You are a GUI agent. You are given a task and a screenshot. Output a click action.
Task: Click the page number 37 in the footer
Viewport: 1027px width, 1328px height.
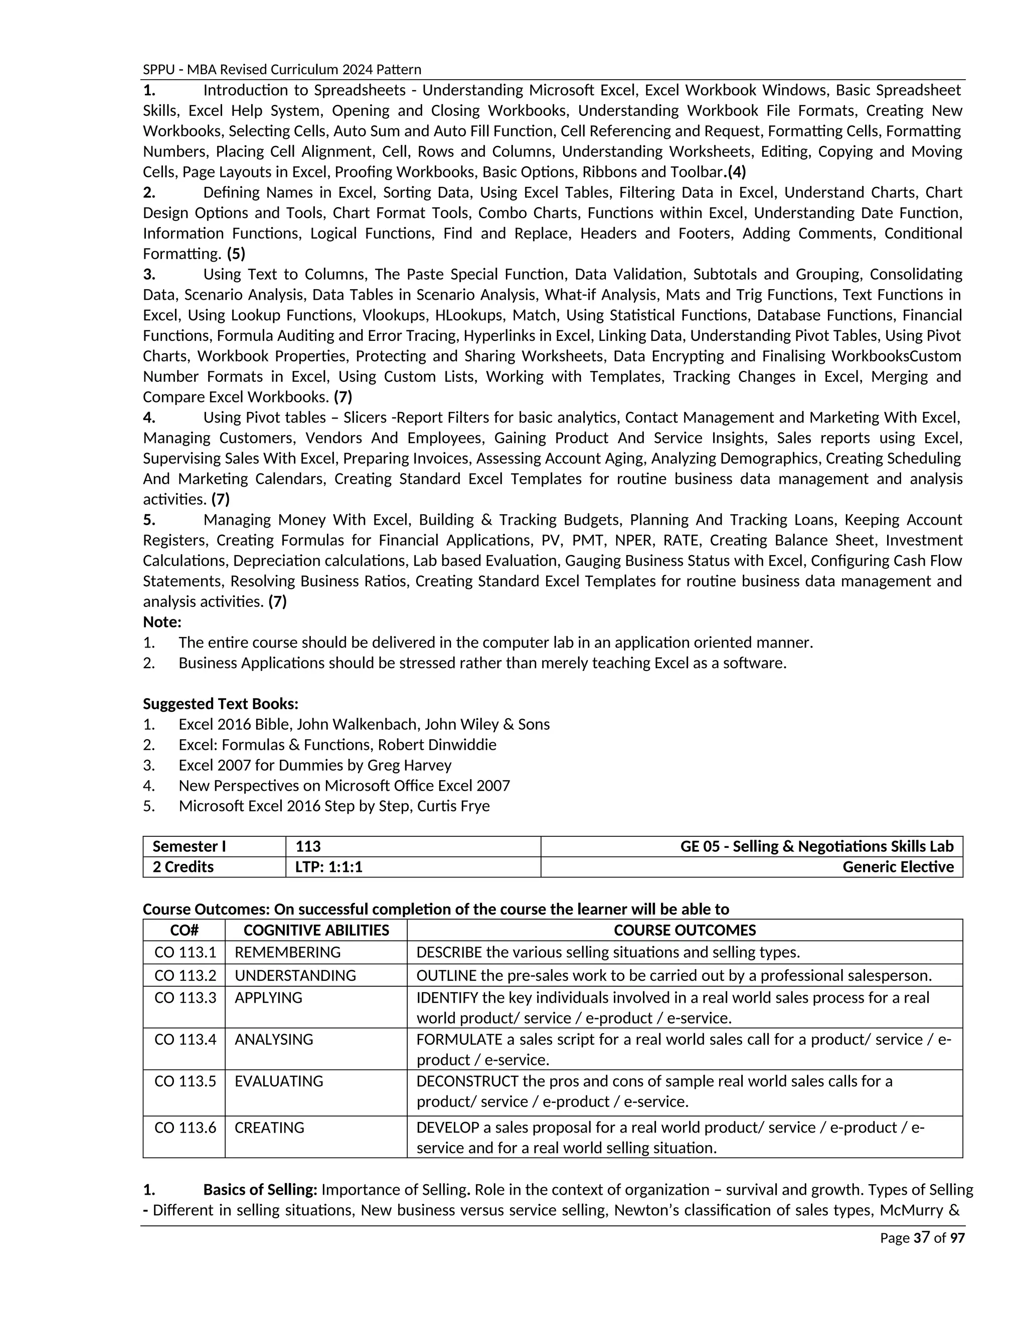pyautogui.click(x=922, y=1237)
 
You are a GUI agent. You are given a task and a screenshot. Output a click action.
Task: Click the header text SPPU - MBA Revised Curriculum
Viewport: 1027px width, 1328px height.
pyautogui.click(x=282, y=69)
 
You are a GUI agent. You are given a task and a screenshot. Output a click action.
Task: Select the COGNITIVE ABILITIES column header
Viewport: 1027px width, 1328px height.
pyautogui.click(x=316, y=930)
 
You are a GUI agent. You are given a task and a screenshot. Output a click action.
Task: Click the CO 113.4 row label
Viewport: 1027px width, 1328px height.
pyautogui.click(x=185, y=1039)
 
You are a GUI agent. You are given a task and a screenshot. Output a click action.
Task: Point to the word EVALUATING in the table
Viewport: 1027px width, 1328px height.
pyautogui.click(x=279, y=1081)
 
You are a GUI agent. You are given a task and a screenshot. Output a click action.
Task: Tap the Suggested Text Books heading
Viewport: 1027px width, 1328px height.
pyautogui.click(x=220, y=704)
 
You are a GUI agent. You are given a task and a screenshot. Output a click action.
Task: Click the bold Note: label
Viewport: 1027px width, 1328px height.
pyautogui.click(x=162, y=622)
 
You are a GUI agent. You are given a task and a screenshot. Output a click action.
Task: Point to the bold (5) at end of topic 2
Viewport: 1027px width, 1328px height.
pyautogui.click(x=236, y=254)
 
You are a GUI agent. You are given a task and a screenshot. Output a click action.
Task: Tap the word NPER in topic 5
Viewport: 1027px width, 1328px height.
pyautogui.click(x=634, y=540)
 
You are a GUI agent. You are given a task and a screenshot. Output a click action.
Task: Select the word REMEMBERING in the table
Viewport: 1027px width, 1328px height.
pyautogui.click(x=287, y=952)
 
